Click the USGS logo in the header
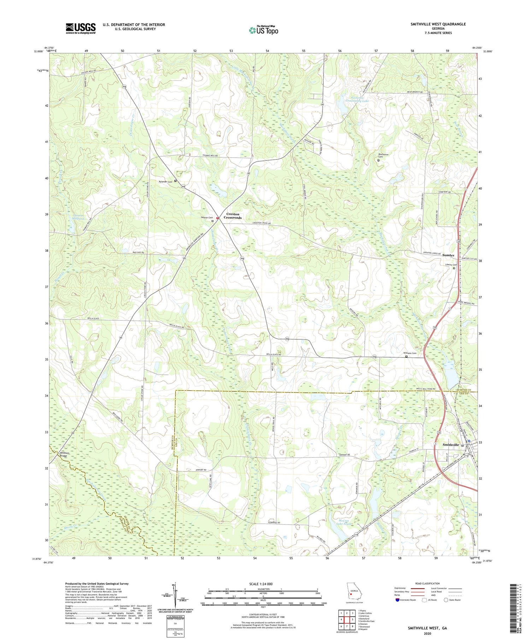(81, 28)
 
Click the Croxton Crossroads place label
(233, 216)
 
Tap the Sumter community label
(448, 255)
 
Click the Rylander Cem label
(165, 181)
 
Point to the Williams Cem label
(410, 353)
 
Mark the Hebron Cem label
(207, 218)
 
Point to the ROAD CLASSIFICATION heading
(428, 583)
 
